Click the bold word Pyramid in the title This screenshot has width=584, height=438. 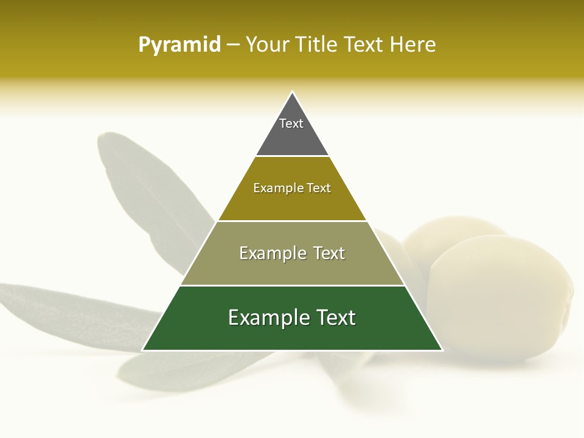(x=179, y=45)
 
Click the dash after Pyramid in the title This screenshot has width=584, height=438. (x=233, y=45)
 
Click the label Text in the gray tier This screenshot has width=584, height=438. (x=291, y=123)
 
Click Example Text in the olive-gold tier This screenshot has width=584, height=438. (x=292, y=188)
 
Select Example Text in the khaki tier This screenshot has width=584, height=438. (x=292, y=253)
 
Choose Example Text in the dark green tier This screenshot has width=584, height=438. (x=292, y=318)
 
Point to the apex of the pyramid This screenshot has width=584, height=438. (x=293, y=92)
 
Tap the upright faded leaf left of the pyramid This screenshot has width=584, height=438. (x=146, y=189)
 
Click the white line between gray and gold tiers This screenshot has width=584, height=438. (x=292, y=156)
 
